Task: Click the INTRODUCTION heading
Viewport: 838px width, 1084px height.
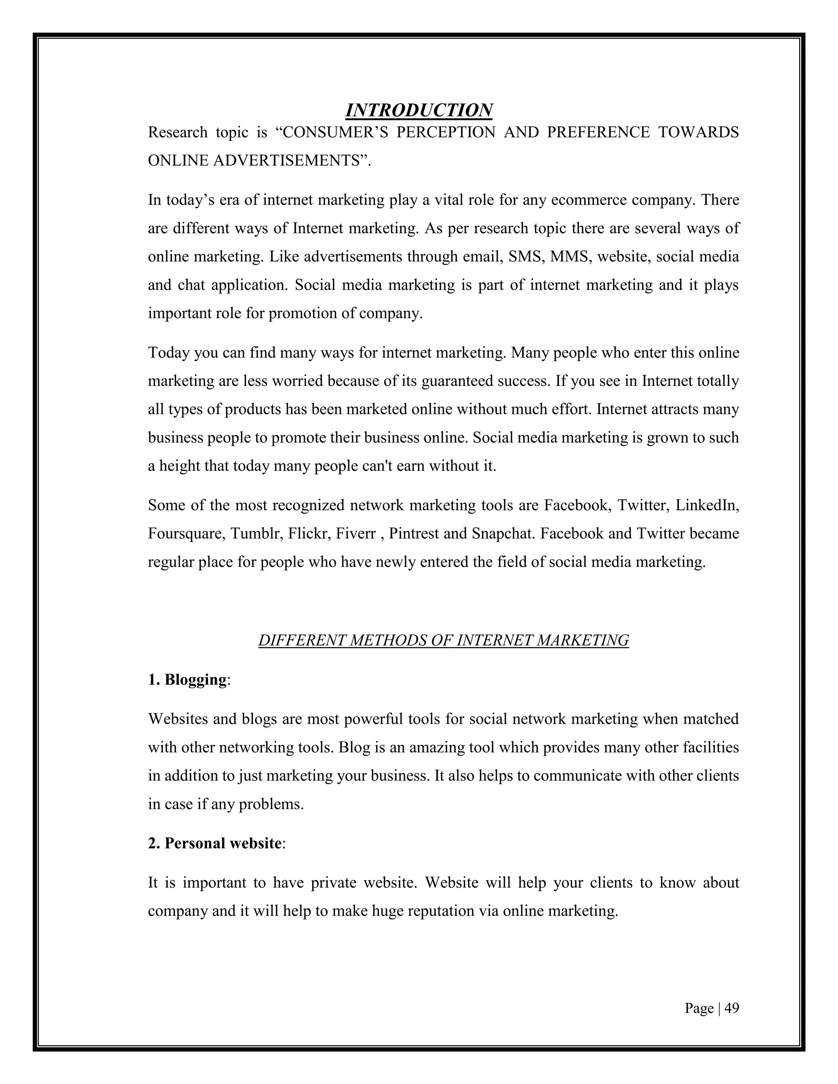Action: pos(419,110)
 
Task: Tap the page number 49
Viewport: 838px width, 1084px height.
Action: pos(731,1008)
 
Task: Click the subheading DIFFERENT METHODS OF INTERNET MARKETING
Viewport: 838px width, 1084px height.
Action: pos(443,640)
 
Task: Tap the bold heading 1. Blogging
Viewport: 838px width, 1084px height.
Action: pos(189,679)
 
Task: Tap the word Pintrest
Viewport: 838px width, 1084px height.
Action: pos(414,533)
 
